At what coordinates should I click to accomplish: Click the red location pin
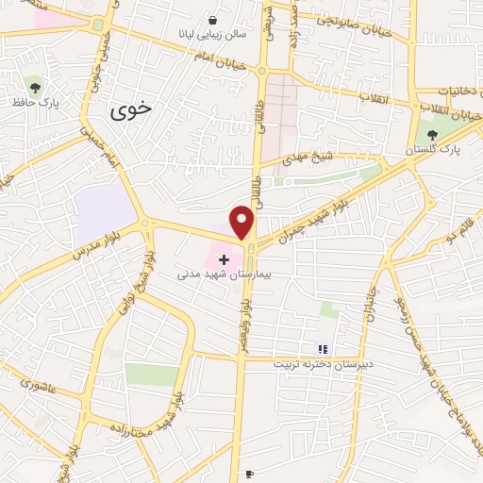coord(242,222)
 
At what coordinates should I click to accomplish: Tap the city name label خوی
coord(130,110)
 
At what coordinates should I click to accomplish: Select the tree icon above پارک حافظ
coord(35,86)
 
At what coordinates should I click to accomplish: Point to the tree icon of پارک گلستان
coord(432,135)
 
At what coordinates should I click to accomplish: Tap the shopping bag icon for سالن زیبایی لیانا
coord(213,20)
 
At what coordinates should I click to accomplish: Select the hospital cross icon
coord(224,258)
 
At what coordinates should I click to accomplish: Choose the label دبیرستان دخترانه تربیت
coord(324,363)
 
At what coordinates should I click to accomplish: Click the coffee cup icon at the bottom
coord(248,475)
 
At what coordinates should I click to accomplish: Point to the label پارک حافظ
coord(35,101)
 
